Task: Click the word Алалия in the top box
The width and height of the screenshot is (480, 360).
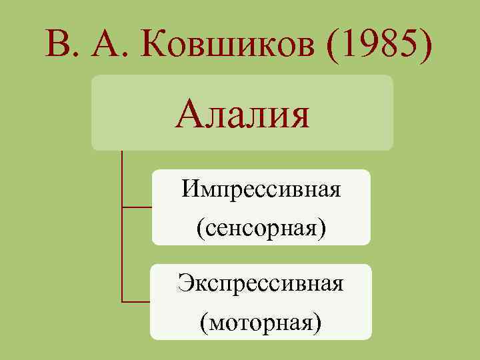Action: [243, 114]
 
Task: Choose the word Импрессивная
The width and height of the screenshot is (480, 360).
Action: [261, 190]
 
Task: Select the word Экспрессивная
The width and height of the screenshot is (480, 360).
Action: [261, 283]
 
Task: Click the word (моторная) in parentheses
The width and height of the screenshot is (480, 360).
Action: [261, 322]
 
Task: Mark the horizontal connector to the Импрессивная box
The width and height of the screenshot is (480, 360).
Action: [137, 207]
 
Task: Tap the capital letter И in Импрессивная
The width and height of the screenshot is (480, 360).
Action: [189, 189]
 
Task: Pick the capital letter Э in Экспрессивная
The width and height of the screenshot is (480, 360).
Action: [184, 283]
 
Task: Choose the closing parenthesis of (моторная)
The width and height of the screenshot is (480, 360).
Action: [317, 323]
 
